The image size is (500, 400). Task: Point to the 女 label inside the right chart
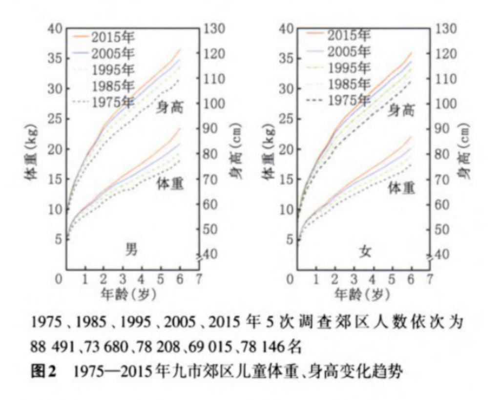(365, 252)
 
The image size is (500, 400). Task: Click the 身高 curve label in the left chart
(169, 107)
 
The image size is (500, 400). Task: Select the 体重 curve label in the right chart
(401, 188)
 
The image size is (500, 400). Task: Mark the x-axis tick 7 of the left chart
(198, 279)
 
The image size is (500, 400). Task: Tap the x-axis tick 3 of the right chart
(354, 279)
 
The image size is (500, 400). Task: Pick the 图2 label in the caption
(44, 373)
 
